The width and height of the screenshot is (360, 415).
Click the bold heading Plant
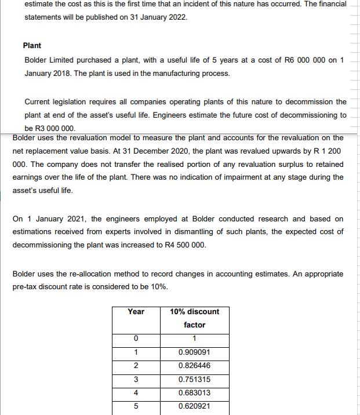click(32, 45)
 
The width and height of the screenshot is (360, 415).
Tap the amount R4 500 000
click(180, 245)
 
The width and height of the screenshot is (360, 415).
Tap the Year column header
click(136, 312)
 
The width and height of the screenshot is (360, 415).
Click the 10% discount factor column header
click(194, 318)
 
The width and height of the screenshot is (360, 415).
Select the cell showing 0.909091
click(194, 352)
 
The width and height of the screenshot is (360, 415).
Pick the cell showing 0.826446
click(194, 366)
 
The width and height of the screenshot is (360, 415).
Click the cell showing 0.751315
click(194, 379)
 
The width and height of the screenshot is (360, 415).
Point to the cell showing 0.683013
click(194, 392)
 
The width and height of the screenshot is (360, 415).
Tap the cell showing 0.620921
click(194, 406)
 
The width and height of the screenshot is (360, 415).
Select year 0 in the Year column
click(136, 339)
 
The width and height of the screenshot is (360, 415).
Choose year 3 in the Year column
click(136, 379)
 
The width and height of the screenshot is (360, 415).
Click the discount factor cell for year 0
click(194, 339)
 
